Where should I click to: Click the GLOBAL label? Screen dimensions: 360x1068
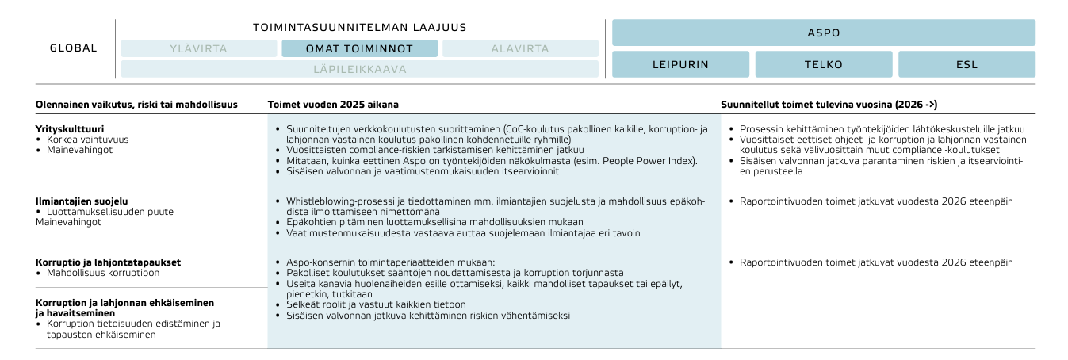point(74,48)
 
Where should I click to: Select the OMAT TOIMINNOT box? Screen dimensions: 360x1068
point(359,48)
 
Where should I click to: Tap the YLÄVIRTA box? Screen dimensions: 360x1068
point(198,48)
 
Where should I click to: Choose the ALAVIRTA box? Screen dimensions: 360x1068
point(520,48)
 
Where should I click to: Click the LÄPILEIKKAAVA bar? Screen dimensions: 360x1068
point(359,69)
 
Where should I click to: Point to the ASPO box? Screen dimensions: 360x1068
point(823,33)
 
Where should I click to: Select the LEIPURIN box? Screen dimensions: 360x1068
point(680,64)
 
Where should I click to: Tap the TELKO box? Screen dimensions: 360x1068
point(823,64)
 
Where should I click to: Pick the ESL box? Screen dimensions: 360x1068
point(967,64)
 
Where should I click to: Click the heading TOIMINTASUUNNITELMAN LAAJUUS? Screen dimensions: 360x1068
point(359,27)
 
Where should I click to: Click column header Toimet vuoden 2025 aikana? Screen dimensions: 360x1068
point(333,105)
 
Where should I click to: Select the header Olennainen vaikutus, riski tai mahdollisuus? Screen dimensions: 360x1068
point(136,105)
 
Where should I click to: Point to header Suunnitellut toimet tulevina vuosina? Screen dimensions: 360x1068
point(829,105)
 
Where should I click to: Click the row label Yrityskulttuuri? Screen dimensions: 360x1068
point(71,128)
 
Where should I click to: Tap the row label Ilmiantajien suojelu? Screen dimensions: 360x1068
point(82,201)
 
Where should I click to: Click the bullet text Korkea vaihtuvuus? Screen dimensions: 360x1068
point(87,139)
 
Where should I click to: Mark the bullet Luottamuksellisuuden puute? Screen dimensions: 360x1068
point(109,212)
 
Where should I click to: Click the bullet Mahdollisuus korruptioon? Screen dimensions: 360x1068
point(103,273)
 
